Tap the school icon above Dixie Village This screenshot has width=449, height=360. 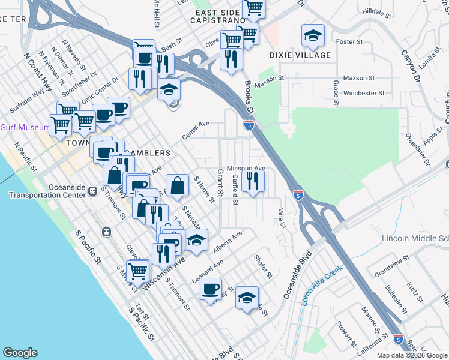click(312, 36)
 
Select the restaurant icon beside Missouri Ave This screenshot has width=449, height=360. click(253, 181)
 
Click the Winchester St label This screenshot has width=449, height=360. click(364, 93)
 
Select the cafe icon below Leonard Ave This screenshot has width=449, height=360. click(210, 289)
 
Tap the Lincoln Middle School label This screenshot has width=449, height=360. click(415, 238)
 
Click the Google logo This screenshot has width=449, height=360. click(20, 353)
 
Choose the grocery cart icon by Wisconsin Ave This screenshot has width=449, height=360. click(138, 271)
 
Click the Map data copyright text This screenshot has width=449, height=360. click(411, 355)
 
